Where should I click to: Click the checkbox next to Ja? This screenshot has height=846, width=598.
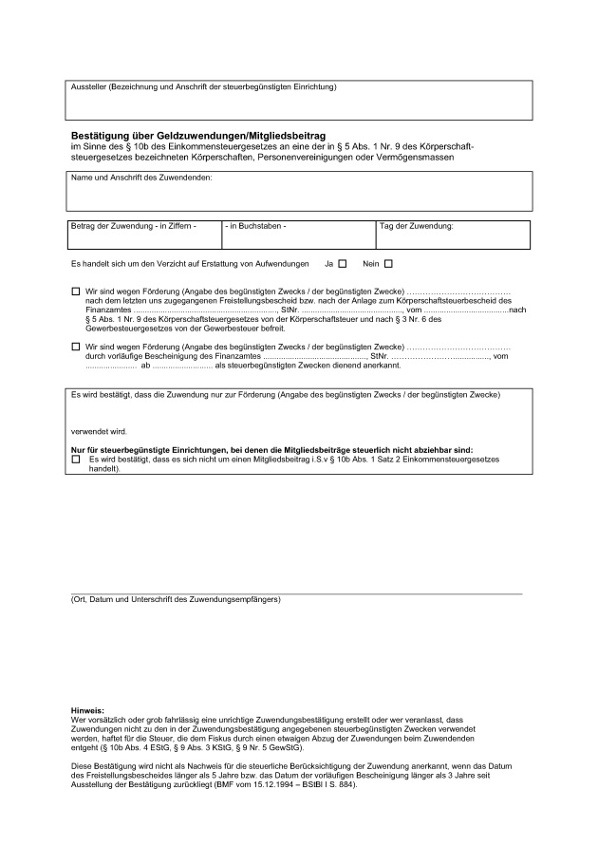click(x=343, y=263)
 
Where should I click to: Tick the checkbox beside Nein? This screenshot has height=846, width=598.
click(x=387, y=263)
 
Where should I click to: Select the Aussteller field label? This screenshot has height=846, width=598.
click(x=203, y=87)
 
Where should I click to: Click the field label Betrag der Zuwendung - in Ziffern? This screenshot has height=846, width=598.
click(x=134, y=226)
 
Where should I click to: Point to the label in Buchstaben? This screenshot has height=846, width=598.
click(x=257, y=226)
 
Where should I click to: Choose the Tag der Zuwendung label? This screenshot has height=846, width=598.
click(x=417, y=226)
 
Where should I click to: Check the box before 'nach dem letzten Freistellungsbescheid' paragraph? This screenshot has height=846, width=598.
click(x=76, y=291)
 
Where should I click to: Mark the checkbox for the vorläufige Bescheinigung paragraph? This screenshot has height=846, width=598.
click(x=76, y=348)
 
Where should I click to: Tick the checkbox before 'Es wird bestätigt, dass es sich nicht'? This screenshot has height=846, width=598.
click(x=76, y=460)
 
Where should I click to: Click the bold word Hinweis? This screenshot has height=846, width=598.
click(x=87, y=710)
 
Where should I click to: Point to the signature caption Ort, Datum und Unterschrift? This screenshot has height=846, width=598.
click(x=176, y=600)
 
